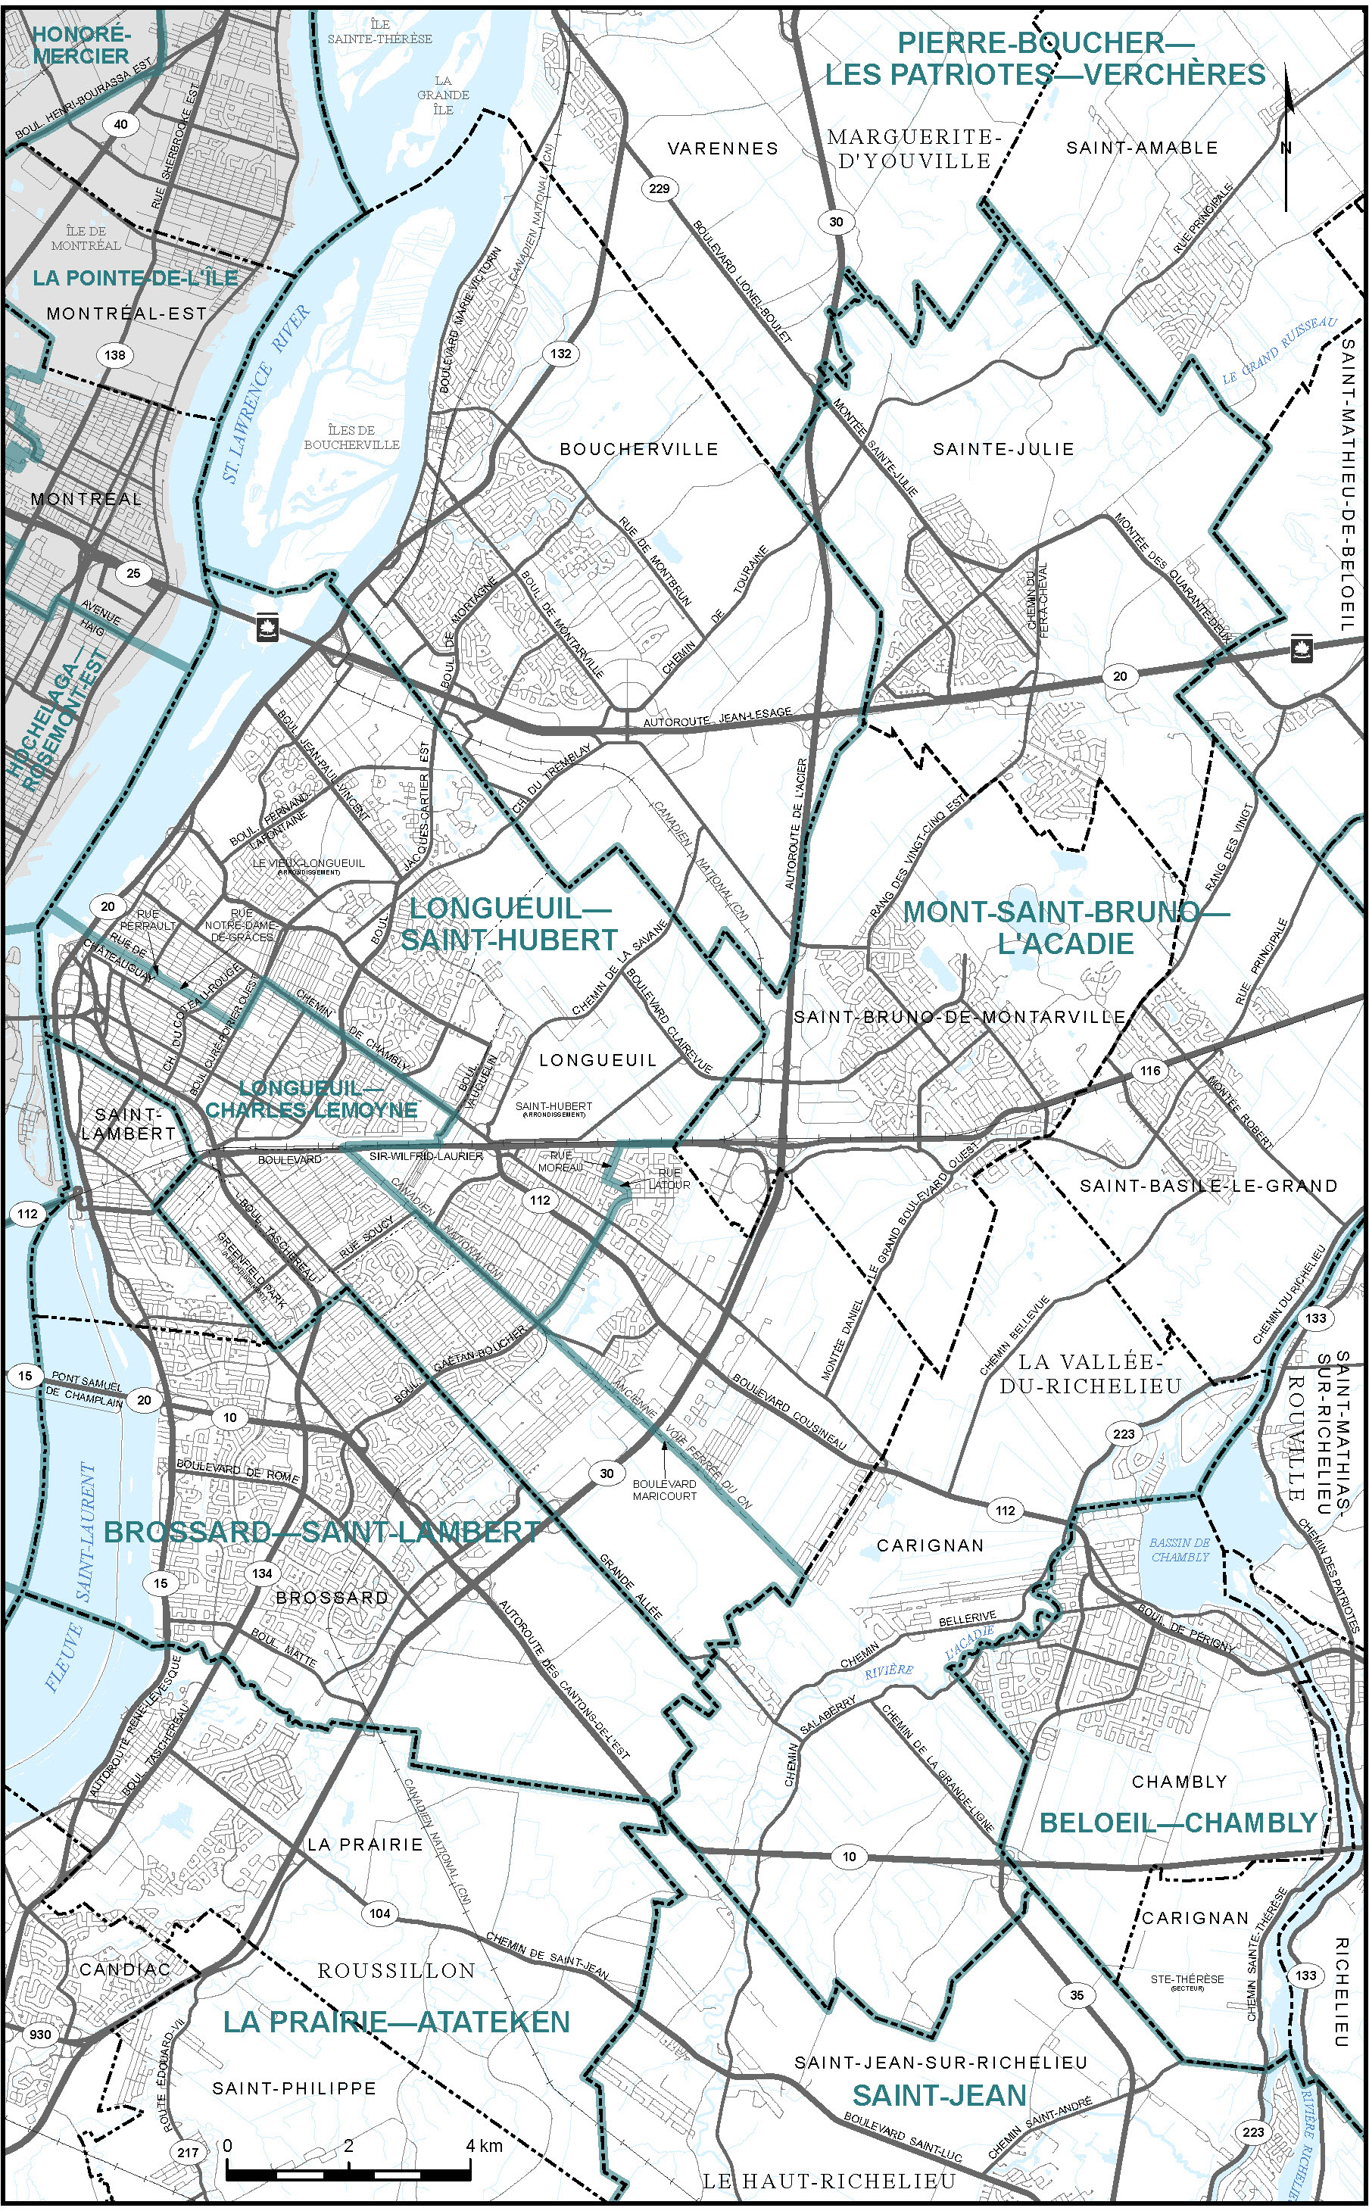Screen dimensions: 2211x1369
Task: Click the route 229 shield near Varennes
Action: (x=660, y=189)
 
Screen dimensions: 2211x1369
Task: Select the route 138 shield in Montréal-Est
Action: (x=115, y=355)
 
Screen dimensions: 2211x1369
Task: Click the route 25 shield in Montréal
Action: (x=133, y=573)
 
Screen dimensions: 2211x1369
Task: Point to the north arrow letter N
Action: (x=1286, y=148)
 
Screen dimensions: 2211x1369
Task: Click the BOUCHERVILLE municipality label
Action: (x=638, y=449)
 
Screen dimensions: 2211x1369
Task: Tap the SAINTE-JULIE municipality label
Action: (x=1003, y=449)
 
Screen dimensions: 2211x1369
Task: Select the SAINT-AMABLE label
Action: (x=1142, y=148)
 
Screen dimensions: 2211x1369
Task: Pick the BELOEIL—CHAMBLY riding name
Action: (x=1177, y=1823)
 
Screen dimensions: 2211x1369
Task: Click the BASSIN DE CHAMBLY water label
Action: (x=1180, y=1549)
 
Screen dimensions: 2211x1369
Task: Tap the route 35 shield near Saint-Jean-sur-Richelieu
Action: (x=1077, y=1994)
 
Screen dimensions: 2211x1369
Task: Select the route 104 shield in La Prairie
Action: (x=379, y=1913)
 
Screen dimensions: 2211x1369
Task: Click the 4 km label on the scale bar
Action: (x=484, y=2146)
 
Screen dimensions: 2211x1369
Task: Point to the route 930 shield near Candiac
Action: (x=40, y=2035)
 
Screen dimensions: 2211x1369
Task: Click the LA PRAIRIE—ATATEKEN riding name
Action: (x=397, y=2022)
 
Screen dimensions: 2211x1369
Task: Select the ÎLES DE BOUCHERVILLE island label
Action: (x=351, y=438)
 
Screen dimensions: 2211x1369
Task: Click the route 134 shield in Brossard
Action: (x=263, y=1573)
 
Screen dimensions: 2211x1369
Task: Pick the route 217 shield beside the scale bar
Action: (x=188, y=2152)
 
